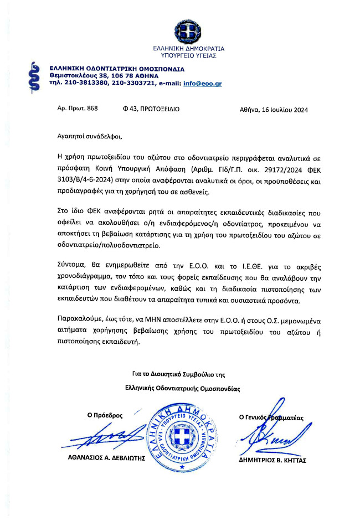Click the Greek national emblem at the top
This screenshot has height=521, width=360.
(184, 30)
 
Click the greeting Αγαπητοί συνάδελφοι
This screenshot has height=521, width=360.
(89, 135)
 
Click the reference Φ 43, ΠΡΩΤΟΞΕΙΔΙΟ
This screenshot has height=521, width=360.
(151, 109)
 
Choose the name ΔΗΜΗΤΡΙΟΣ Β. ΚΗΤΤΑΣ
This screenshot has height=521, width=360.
(272, 460)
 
